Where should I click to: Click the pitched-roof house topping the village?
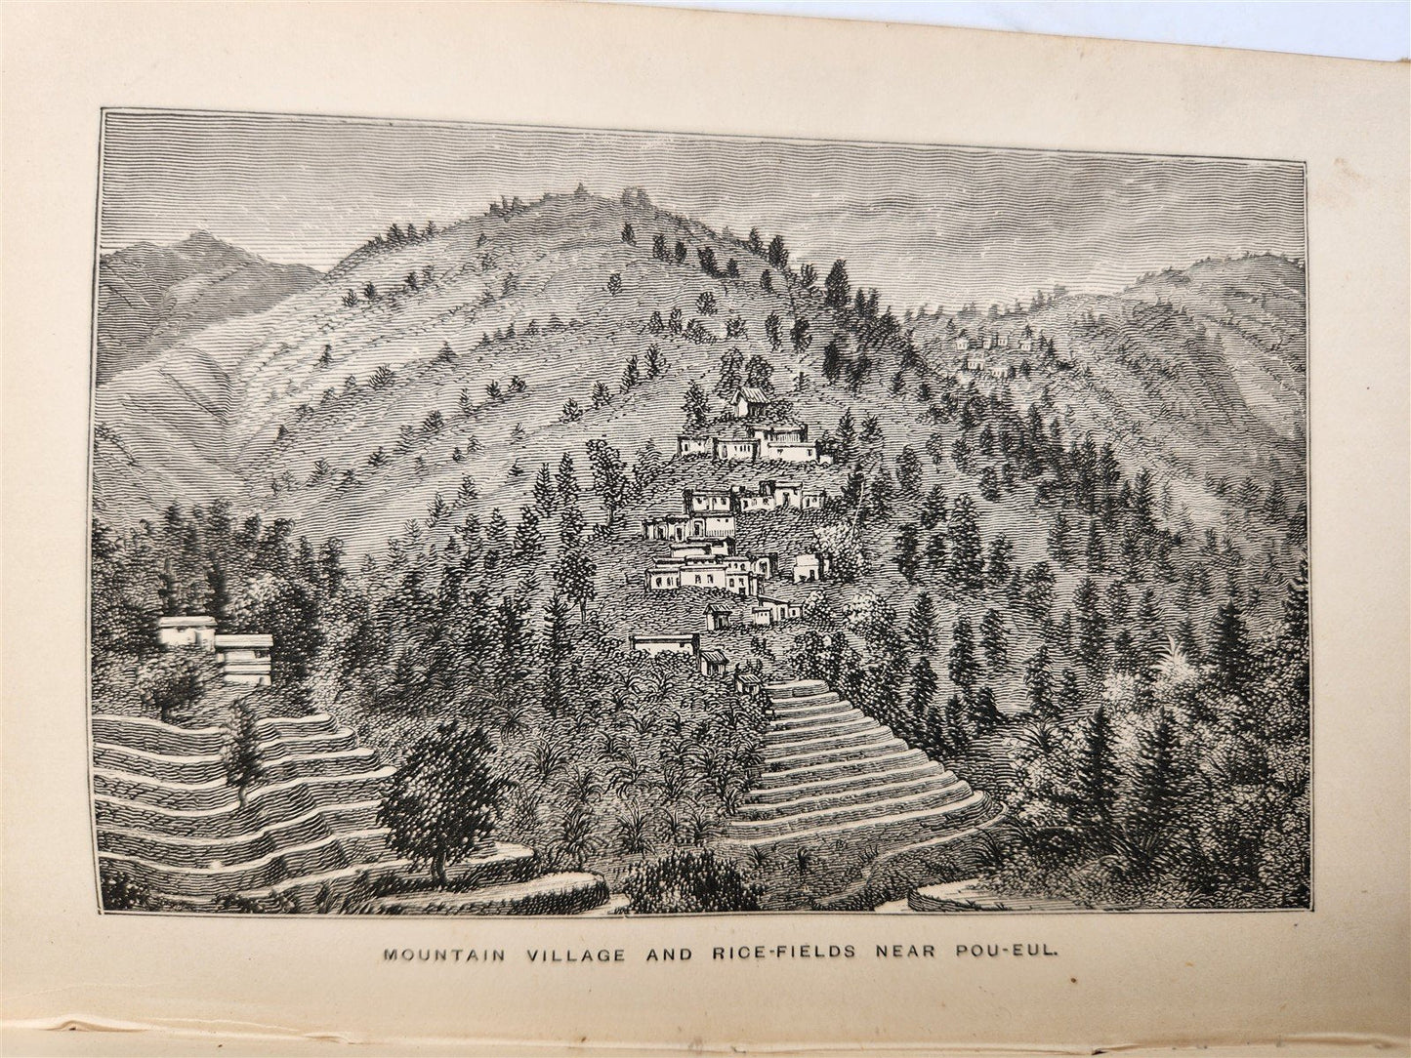(751, 400)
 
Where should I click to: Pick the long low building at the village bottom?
(665, 642)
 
